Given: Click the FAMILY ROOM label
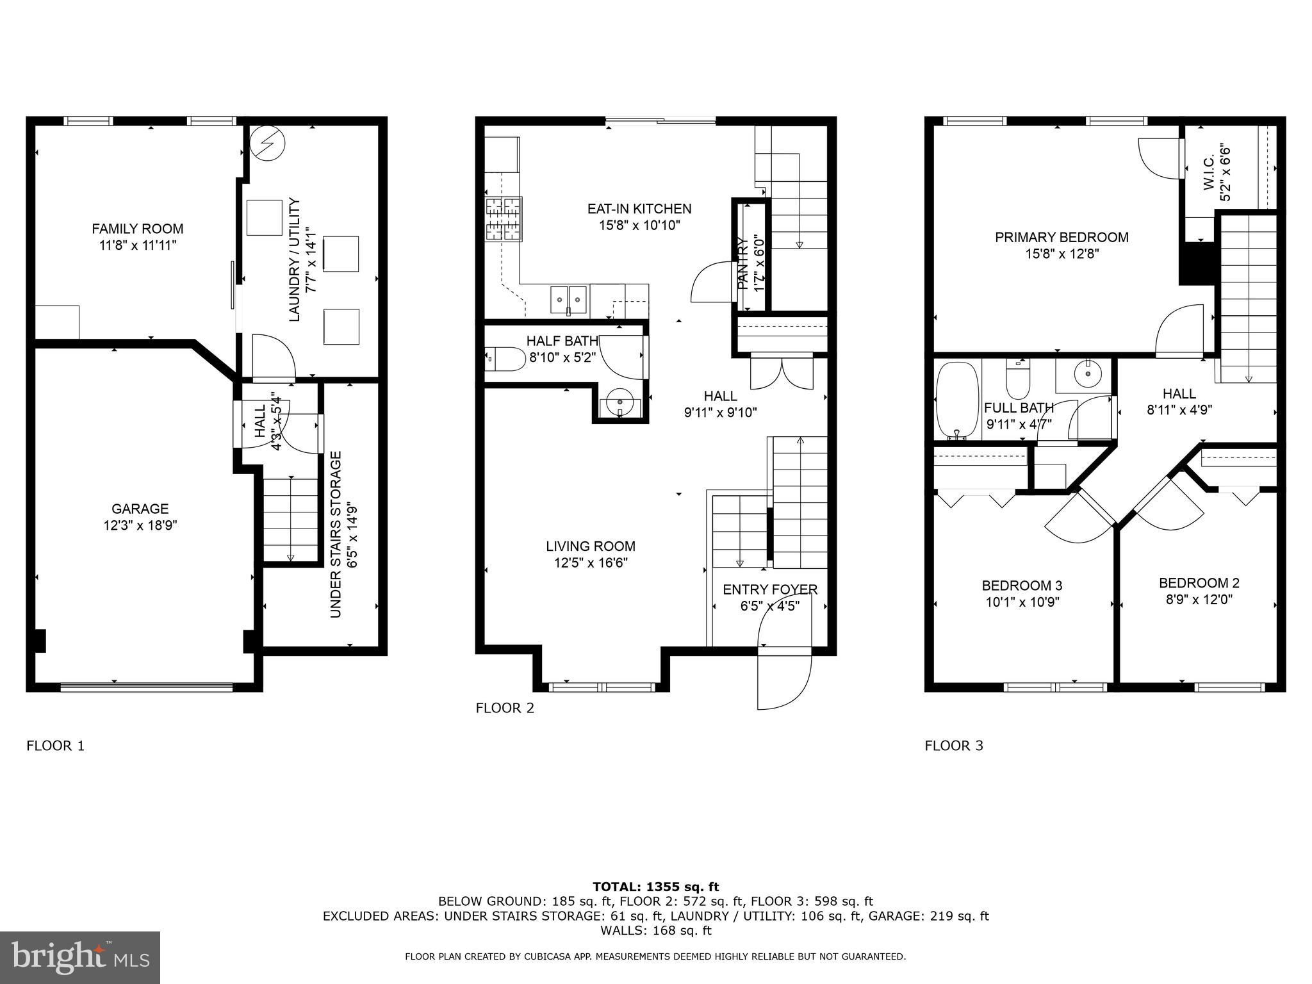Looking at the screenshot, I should (x=137, y=229).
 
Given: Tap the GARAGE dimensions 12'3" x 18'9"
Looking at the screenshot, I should (x=140, y=526).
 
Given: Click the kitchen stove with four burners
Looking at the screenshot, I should (x=504, y=218).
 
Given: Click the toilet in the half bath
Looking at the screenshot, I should (x=504, y=359).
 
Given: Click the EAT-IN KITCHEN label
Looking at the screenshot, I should (x=639, y=209).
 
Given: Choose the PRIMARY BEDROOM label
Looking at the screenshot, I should (x=1062, y=237).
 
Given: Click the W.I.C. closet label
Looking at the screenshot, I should (x=1209, y=173).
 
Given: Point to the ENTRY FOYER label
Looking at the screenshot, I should (x=770, y=589).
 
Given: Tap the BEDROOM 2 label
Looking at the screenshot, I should (x=1199, y=583).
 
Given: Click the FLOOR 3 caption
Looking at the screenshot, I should (x=953, y=746).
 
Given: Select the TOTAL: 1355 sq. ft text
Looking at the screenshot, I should (x=655, y=887).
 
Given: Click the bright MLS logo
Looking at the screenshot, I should (x=80, y=958).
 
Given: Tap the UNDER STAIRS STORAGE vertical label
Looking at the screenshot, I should (x=336, y=534).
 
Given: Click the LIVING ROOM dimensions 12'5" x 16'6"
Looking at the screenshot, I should (x=591, y=563).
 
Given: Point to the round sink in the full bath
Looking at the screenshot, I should (x=1087, y=374).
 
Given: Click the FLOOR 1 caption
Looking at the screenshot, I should (x=55, y=746).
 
